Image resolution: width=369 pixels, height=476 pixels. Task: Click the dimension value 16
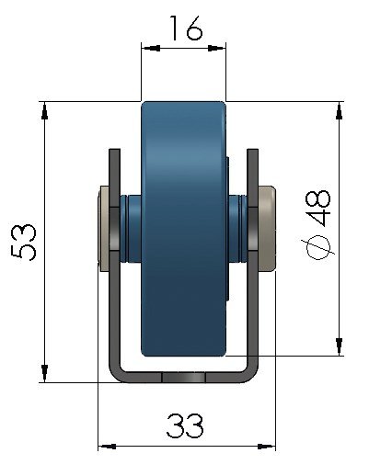coord(184,30)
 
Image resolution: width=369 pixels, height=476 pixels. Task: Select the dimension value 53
coord(29,241)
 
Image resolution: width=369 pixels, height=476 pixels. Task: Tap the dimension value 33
coord(185,426)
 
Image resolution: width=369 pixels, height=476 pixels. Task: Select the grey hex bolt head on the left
coord(104,229)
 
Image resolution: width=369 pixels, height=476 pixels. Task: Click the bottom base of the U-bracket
coord(184,377)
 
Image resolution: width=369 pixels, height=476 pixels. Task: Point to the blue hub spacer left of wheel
coord(130,229)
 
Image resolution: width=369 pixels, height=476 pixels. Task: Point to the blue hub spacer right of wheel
coord(236,229)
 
